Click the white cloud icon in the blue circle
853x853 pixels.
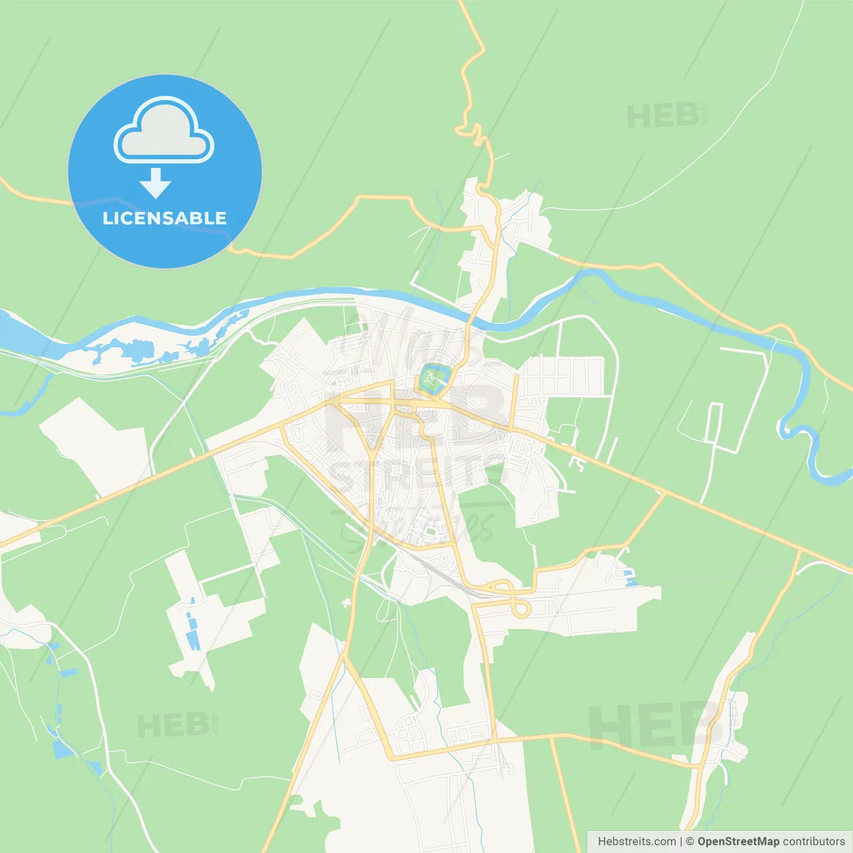point(164,131)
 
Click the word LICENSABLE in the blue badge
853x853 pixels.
point(165,218)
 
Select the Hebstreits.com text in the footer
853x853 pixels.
point(636,841)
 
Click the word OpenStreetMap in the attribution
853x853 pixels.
point(738,841)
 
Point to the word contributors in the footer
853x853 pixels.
point(814,841)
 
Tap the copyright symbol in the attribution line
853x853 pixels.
point(690,841)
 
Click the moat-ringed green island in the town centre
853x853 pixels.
point(434,379)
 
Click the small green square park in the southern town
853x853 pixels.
point(430,531)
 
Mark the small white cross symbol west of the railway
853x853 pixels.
point(346,603)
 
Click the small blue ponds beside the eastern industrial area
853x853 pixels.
point(629,578)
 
